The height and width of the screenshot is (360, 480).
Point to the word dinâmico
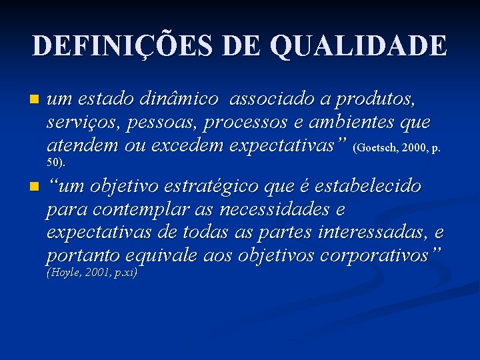click(x=179, y=100)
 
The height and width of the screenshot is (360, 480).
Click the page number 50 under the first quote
click(x=54, y=162)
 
